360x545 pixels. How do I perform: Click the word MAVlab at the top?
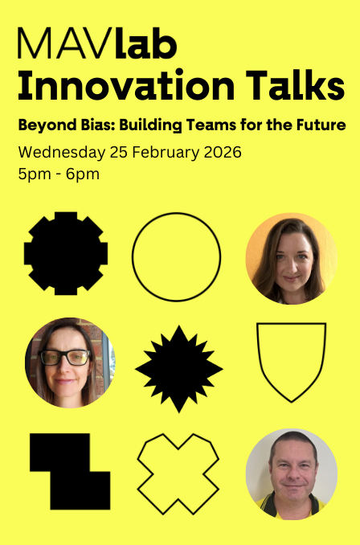(97, 43)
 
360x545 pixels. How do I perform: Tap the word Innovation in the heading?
(126, 85)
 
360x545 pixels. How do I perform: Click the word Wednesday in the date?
(62, 153)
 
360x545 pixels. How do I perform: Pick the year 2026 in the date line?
(223, 153)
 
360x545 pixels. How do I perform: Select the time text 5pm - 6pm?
(59, 174)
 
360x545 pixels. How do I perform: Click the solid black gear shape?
(66, 253)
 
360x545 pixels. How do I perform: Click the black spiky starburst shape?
(178, 369)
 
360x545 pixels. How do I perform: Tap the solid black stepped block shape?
(70, 472)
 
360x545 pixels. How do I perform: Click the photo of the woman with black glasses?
(70, 363)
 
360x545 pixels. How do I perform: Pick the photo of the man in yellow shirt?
(292, 474)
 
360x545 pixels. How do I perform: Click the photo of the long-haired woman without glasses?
(291, 259)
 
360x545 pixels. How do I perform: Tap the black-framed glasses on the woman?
(65, 358)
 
